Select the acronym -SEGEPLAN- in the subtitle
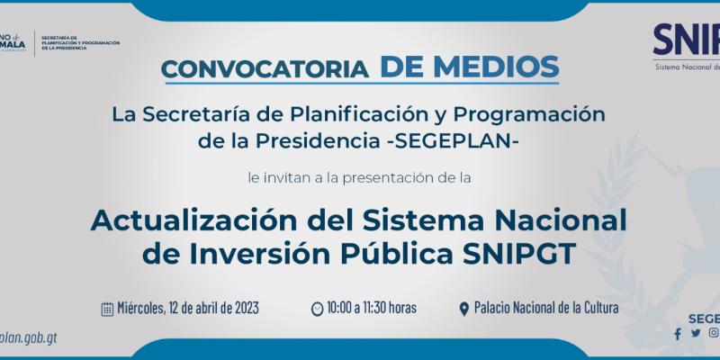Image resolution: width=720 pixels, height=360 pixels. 460,141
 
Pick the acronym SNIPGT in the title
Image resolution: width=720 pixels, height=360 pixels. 537,255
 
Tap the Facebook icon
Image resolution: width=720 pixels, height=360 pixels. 678,334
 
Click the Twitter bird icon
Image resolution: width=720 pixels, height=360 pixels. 695,333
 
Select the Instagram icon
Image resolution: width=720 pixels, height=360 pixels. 712,333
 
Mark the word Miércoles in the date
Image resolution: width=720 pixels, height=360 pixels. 141,308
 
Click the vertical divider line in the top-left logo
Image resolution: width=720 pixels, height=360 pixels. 35,42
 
